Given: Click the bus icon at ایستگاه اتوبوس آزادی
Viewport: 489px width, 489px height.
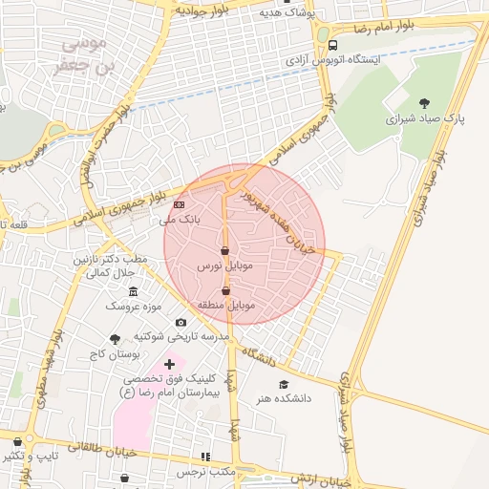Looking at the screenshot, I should click(332, 45).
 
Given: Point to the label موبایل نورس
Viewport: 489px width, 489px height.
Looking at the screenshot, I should click(224, 265).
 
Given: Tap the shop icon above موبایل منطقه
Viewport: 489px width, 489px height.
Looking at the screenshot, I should click(225, 290).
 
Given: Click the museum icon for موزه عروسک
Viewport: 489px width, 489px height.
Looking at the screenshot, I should click(133, 290).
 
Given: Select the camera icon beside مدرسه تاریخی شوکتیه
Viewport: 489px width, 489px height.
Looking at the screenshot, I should click(181, 322).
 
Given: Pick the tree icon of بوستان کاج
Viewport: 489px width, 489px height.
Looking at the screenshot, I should click(116, 338).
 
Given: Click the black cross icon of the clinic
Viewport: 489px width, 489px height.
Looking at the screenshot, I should click(170, 363).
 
